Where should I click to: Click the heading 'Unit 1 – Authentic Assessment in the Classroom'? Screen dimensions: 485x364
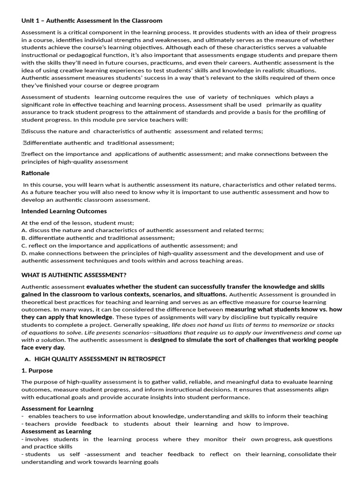pyautogui.click(x=92, y=21)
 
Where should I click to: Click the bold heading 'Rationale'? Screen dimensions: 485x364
pyautogui.click(x=36, y=173)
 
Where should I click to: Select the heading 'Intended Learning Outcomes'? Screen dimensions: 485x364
pyautogui.click(x=64, y=211)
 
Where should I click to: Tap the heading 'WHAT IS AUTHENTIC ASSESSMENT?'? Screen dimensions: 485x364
pyautogui.click(x=74, y=275)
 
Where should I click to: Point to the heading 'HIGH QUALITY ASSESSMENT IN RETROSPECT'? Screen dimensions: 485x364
pyautogui.click(x=100, y=359)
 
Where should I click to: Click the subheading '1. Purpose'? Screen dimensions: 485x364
pyautogui.click(x=37, y=370)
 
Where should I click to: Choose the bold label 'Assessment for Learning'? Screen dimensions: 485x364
pyautogui.click(x=57, y=408)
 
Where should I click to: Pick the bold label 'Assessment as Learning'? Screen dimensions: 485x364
pyautogui.click(x=56, y=431)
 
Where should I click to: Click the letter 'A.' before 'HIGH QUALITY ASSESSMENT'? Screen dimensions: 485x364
pyautogui.click(x=27, y=359)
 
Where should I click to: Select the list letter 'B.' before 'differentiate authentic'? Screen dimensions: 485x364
pyautogui.click(x=24, y=238)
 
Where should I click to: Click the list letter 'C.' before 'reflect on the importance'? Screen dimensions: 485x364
pyautogui.click(x=24, y=246)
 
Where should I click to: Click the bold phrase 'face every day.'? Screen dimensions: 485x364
pyautogui.click(x=43, y=348)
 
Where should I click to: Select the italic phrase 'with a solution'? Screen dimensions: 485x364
pyautogui.click(x=43, y=340)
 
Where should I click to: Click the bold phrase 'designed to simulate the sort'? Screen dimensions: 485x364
pyautogui.click(x=196, y=340)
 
